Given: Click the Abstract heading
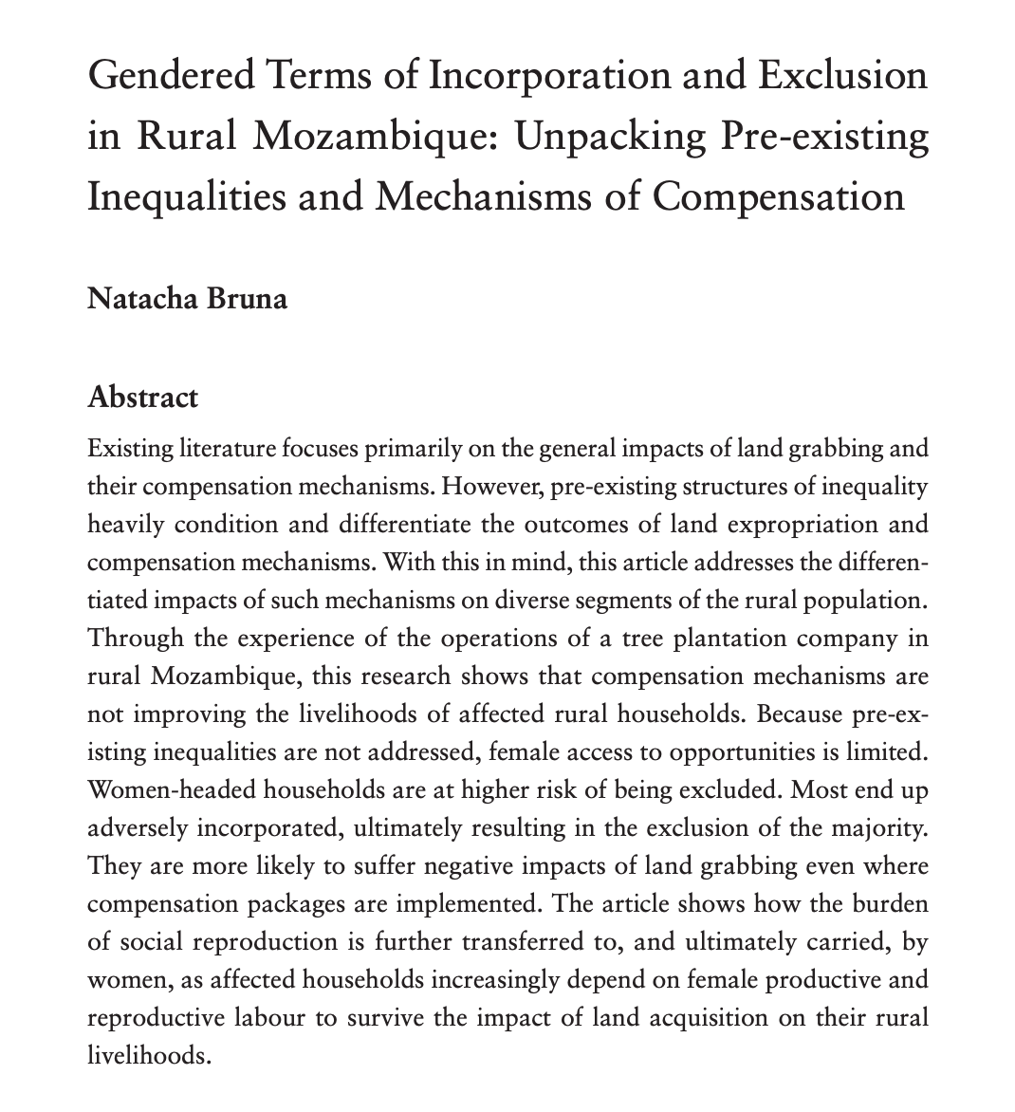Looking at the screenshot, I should (142, 396).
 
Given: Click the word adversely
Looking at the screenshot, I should (138, 827).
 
